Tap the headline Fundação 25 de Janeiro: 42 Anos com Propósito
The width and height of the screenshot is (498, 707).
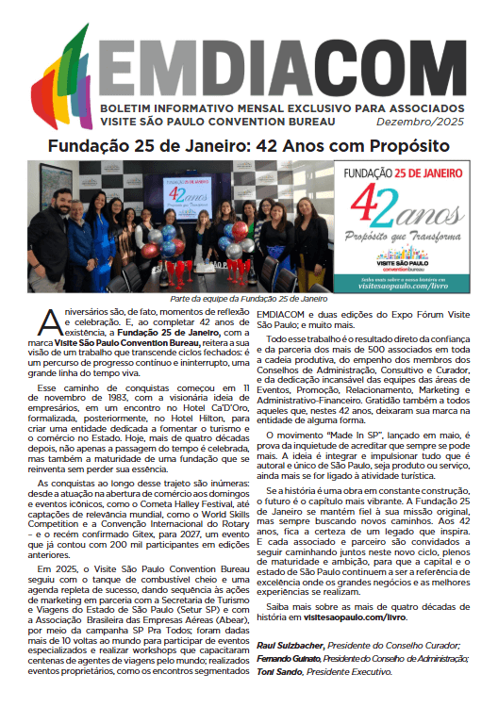coord(249,147)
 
